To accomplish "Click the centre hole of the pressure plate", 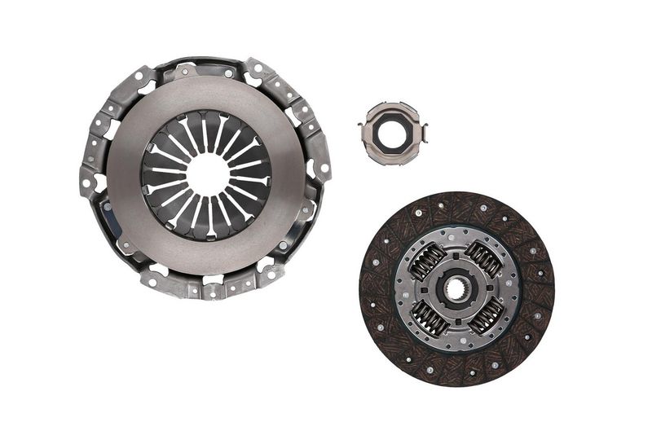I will click(x=207, y=174).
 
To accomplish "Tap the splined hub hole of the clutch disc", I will click(x=455, y=288).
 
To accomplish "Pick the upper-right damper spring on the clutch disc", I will click(x=484, y=260).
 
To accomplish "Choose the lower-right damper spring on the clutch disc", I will click(x=486, y=317).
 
